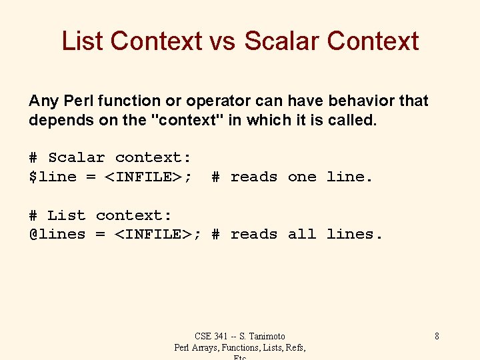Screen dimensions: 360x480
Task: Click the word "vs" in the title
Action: (223, 41)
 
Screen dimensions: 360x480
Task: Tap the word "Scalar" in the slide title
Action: (282, 41)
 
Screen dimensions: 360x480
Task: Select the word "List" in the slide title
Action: (83, 41)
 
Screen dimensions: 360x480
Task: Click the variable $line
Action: (53, 177)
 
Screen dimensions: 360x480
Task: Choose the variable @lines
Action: (57, 235)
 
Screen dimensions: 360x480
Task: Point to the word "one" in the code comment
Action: (302, 177)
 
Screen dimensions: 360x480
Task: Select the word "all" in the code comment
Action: (302, 235)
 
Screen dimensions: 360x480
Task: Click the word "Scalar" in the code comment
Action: (77, 158)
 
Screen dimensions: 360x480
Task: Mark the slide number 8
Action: (437, 336)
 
